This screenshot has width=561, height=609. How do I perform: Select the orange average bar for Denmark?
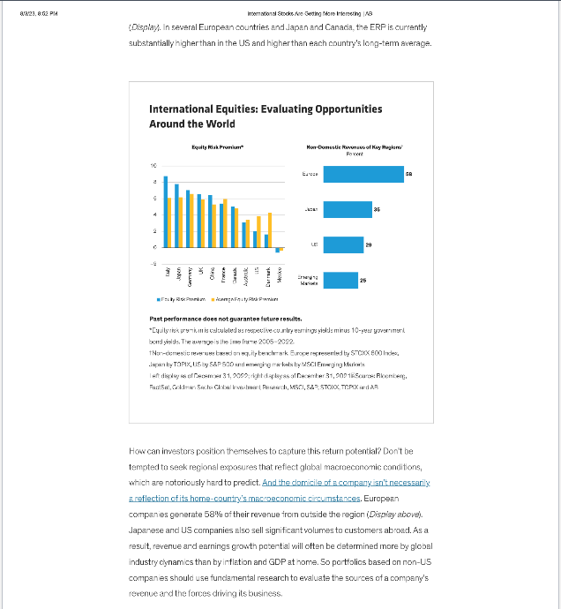(270, 225)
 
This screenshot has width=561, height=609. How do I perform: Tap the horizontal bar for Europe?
(363, 175)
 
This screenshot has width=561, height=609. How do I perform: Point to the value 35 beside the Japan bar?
(377, 208)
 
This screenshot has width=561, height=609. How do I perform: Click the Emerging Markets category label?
(309, 279)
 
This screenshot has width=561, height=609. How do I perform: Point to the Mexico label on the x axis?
(278, 274)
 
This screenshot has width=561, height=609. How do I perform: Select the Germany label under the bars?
(188, 274)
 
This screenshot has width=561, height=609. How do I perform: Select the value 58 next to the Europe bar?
(409, 175)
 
